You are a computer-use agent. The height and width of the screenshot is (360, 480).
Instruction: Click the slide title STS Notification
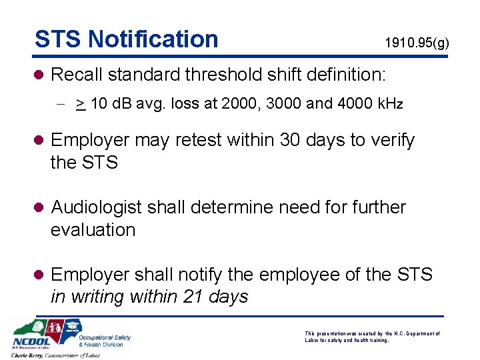pos(126,39)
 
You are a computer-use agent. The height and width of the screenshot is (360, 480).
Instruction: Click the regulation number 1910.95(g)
pos(417,44)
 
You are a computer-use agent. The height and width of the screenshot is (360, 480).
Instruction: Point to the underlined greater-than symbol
pos(79,105)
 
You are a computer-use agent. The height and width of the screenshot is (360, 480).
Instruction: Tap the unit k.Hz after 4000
pos(389,105)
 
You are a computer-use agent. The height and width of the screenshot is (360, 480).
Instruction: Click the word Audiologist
pos(97,207)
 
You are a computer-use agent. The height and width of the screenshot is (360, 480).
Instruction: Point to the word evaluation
pos(93,230)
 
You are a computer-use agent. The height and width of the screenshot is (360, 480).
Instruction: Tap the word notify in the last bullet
pos(207,274)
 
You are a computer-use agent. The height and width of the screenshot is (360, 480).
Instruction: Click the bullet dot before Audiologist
pos(40,208)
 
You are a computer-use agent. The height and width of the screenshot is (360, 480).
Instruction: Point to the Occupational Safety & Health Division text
pos(105,341)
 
